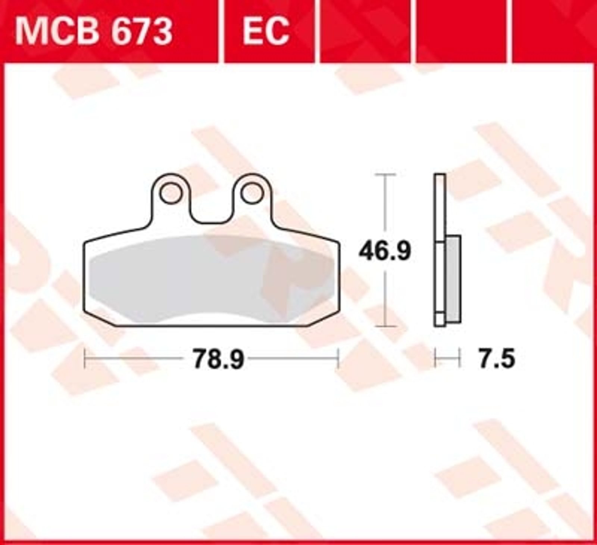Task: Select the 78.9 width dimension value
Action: [218, 359]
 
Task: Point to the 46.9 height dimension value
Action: [385, 251]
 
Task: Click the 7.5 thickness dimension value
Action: [497, 359]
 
